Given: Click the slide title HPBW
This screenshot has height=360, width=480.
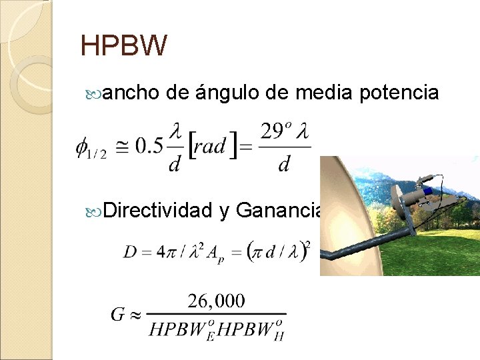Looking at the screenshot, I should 123,46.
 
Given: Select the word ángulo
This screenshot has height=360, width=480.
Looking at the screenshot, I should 227,93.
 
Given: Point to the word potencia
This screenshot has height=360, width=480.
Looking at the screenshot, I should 399,93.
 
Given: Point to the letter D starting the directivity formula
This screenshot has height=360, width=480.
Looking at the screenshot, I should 131,253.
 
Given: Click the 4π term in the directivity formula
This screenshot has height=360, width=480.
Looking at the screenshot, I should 164,253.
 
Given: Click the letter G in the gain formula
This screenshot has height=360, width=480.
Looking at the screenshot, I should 118,314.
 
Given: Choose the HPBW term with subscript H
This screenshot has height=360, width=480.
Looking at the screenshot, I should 251,330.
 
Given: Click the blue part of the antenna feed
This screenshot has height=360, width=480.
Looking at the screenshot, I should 427,190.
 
